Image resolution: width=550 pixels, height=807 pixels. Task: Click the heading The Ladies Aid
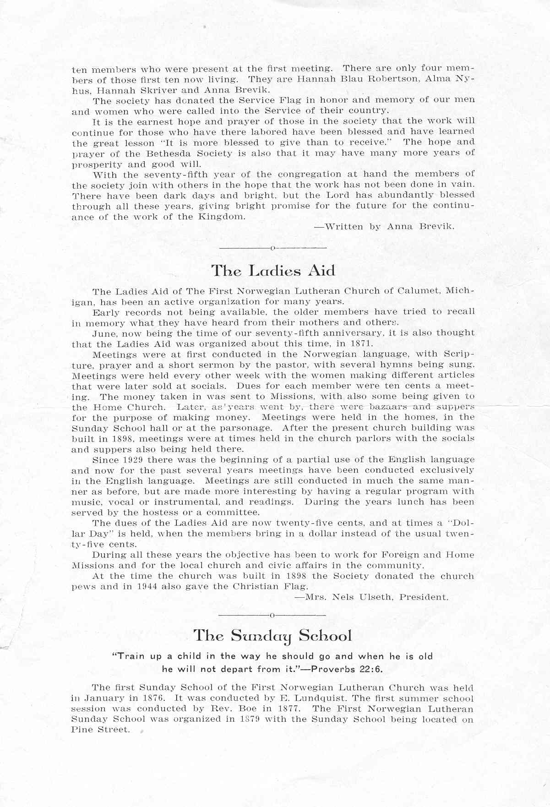click(x=273, y=271)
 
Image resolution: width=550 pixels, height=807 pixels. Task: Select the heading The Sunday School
click(x=273, y=636)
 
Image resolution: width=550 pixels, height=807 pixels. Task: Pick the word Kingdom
click(x=222, y=217)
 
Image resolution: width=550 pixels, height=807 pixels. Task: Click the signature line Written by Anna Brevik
click(x=384, y=227)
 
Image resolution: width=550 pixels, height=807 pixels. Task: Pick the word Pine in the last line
click(x=82, y=730)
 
